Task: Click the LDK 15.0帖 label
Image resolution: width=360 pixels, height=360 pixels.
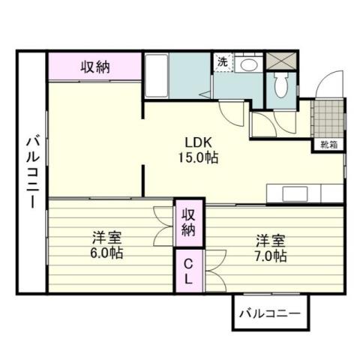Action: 197,151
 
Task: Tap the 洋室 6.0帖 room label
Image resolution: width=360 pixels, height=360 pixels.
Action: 107,245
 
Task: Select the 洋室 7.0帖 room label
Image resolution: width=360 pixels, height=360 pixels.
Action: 269,248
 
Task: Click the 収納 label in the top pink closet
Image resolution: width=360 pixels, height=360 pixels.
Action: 95,67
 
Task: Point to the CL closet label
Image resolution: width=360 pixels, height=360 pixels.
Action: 187,271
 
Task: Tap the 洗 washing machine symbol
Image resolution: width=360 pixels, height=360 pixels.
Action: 223,63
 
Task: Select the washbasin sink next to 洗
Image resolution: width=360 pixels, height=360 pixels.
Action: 248,64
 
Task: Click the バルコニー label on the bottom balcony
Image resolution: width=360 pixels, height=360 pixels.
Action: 268,314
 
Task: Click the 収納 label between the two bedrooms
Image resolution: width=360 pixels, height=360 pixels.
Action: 187,221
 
